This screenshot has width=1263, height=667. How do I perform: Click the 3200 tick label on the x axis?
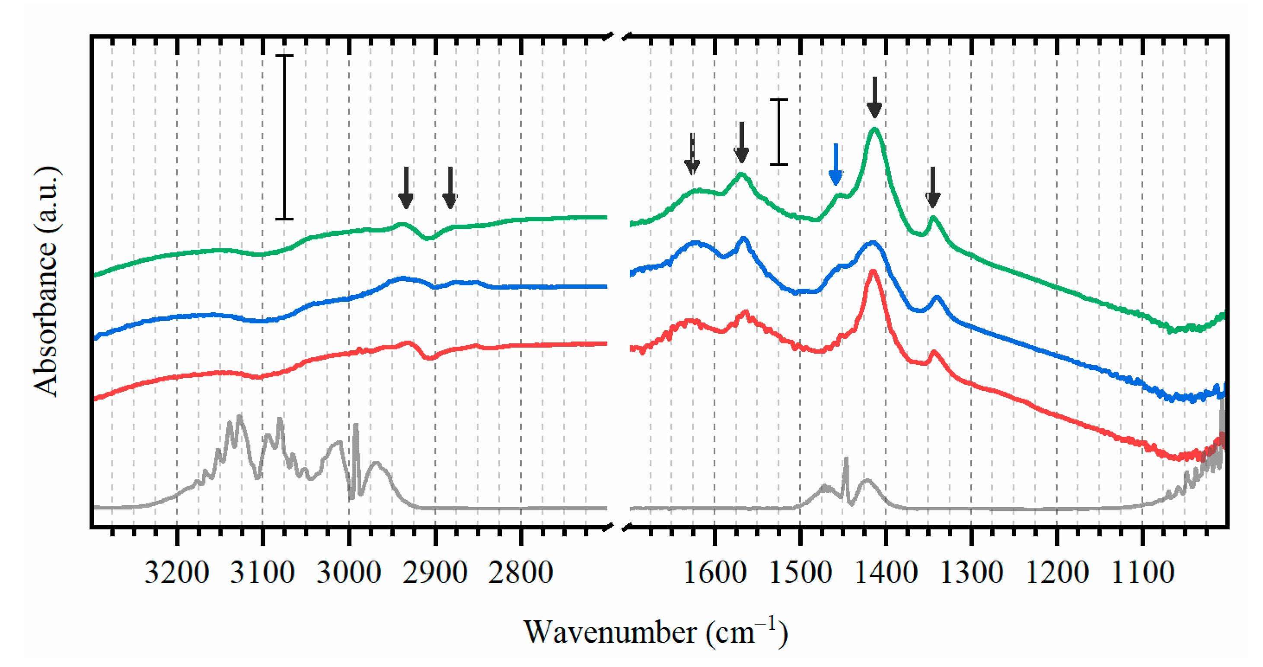click(x=176, y=573)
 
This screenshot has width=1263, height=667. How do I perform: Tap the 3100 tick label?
click(x=262, y=573)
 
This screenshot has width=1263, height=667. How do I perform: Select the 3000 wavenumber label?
click(x=348, y=573)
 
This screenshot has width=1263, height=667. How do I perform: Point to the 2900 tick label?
click(x=435, y=573)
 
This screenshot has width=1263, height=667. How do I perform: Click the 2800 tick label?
click(x=521, y=573)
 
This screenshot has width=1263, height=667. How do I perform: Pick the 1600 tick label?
click(x=715, y=573)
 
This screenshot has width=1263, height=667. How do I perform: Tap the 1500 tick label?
click(x=800, y=573)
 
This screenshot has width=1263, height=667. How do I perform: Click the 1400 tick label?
click(x=886, y=573)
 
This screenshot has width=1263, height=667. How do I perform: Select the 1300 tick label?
click(x=971, y=573)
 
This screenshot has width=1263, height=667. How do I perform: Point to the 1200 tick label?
click(x=1057, y=573)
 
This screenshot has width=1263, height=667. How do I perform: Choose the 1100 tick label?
click(x=1143, y=573)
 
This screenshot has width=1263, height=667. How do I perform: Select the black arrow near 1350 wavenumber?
click(x=932, y=188)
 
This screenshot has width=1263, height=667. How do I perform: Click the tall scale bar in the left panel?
click(x=284, y=137)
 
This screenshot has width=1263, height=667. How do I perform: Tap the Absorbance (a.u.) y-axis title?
click(x=45, y=281)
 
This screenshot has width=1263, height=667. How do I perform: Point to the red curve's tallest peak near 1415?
click(x=873, y=271)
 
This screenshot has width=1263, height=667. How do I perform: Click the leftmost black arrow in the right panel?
click(x=692, y=155)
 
